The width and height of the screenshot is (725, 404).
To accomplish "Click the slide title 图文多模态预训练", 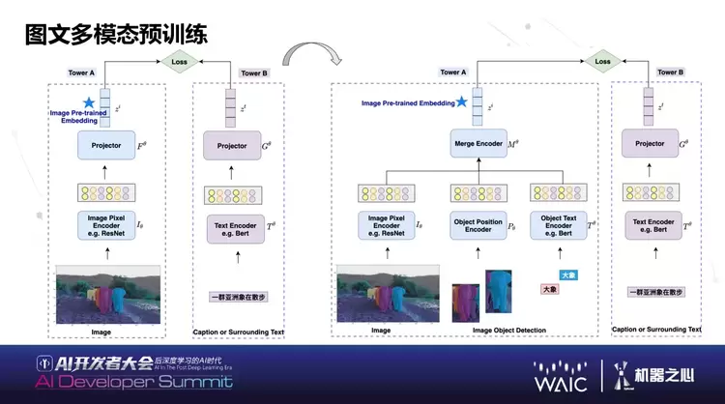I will click(115, 36).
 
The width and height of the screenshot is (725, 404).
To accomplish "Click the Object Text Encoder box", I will click(559, 226).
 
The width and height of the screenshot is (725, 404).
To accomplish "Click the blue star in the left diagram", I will click(90, 102).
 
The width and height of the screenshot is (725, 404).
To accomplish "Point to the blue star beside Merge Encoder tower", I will click(462, 101).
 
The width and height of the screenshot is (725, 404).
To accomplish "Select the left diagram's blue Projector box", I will click(107, 146).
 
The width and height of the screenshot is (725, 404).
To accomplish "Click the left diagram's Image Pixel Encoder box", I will click(106, 225).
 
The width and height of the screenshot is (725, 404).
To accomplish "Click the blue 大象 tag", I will click(568, 275).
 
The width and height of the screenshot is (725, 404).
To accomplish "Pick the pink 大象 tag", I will click(549, 289).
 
